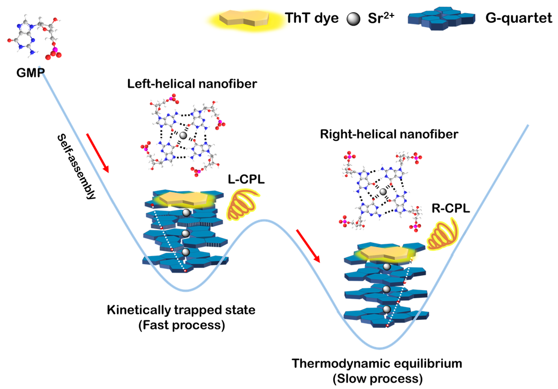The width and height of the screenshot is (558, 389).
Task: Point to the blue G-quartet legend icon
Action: (x=441, y=18)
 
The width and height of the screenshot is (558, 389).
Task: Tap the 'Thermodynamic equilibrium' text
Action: (x=377, y=364)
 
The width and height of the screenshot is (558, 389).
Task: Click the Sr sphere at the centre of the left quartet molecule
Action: (x=183, y=136)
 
